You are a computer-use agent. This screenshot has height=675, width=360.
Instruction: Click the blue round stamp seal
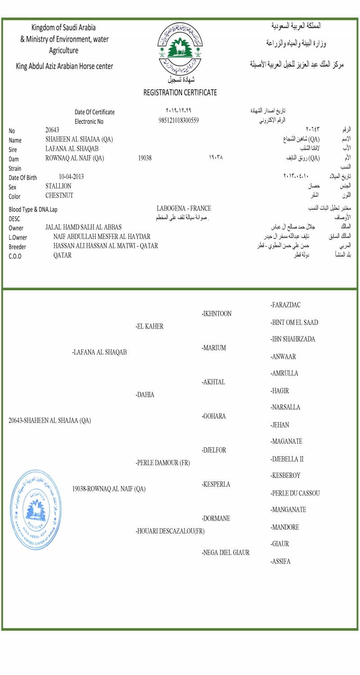click(x=36, y=509)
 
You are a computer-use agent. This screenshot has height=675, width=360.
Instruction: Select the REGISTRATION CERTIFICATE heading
click(x=180, y=93)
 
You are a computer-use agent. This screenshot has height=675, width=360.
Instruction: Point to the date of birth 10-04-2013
click(x=71, y=177)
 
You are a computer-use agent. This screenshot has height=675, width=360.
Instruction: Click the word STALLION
click(x=58, y=186)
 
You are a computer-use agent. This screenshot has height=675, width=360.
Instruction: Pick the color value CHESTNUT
click(x=59, y=196)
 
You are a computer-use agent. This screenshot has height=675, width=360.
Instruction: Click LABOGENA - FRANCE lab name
click(x=184, y=208)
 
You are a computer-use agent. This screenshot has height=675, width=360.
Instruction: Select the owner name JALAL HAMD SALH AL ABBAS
click(x=83, y=227)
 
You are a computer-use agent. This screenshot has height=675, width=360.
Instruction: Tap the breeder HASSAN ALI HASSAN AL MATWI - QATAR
click(x=105, y=246)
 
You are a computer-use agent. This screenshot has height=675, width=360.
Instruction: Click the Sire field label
click(x=13, y=149)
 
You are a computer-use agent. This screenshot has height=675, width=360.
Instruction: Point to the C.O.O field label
click(x=15, y=256)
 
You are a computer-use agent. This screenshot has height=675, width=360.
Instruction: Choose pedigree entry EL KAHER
click(x=149, y=327)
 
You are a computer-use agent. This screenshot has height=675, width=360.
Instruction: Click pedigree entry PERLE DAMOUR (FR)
click(x=163, y=463)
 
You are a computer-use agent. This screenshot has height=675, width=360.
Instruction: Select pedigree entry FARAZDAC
click(x=285, y=305)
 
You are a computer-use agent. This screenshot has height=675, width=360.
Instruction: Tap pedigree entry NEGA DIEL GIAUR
click(x=225, y=553)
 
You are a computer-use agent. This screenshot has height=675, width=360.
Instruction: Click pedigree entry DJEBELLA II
click(x=287, y=459)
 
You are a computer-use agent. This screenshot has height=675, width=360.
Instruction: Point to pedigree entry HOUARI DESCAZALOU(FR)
click(x=170, y=531)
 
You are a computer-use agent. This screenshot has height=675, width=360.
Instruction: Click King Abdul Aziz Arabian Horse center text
click(x=64, y=67)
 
